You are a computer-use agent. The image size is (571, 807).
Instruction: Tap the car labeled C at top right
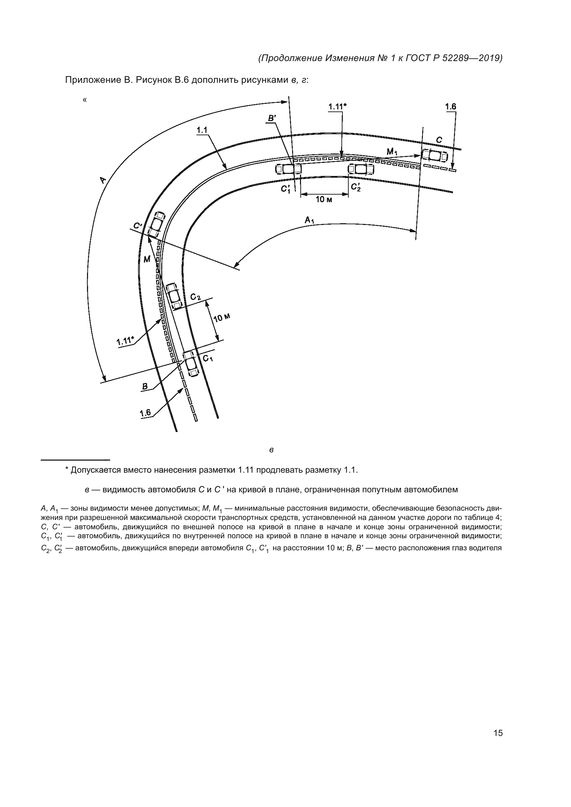pos(435,155)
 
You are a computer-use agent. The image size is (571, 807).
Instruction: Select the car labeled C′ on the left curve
pos(156,224)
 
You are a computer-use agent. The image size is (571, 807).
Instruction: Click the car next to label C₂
pos(174,296)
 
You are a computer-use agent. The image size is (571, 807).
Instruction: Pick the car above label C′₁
pos(288,169)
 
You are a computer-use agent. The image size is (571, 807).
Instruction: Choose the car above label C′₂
pos(361,169)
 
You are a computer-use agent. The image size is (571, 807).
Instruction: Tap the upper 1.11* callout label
pos(337,106)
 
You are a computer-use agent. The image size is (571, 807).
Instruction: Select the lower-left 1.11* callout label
pos(125,341)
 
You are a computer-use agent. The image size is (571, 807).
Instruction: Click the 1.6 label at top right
pos(451,107)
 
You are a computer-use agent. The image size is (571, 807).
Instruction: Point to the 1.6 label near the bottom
pos(145,413)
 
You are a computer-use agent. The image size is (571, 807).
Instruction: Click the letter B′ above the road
pos(272,118)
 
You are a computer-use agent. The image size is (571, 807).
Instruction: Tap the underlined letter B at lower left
pos(145,387)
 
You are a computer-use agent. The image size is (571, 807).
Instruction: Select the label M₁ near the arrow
pos(392,151)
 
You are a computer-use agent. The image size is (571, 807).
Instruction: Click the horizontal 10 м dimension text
pos(324,200)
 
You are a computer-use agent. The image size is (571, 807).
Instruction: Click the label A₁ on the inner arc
pos(309,221)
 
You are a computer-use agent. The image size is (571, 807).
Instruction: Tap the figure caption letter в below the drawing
pos(271,450)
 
